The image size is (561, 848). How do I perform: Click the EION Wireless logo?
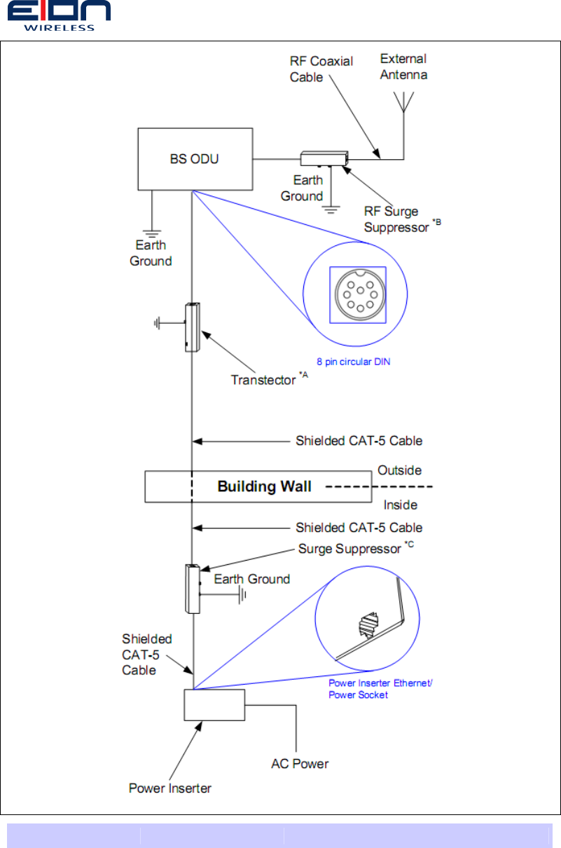(59, 15)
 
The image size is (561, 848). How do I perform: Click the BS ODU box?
(195, 159)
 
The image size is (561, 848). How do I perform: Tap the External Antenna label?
(403, 67)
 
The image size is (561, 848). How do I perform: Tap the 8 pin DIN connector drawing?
(357, 294)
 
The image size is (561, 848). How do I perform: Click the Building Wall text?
(264, 486)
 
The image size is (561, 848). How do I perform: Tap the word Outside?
(399, 470)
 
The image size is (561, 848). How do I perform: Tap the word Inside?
(401, 505)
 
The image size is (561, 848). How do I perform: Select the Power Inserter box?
(214, 704)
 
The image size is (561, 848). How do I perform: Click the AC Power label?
(300, 763)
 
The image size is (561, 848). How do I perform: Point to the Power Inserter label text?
(170, 788)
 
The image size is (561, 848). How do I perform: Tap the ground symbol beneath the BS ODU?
(151, 229)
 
